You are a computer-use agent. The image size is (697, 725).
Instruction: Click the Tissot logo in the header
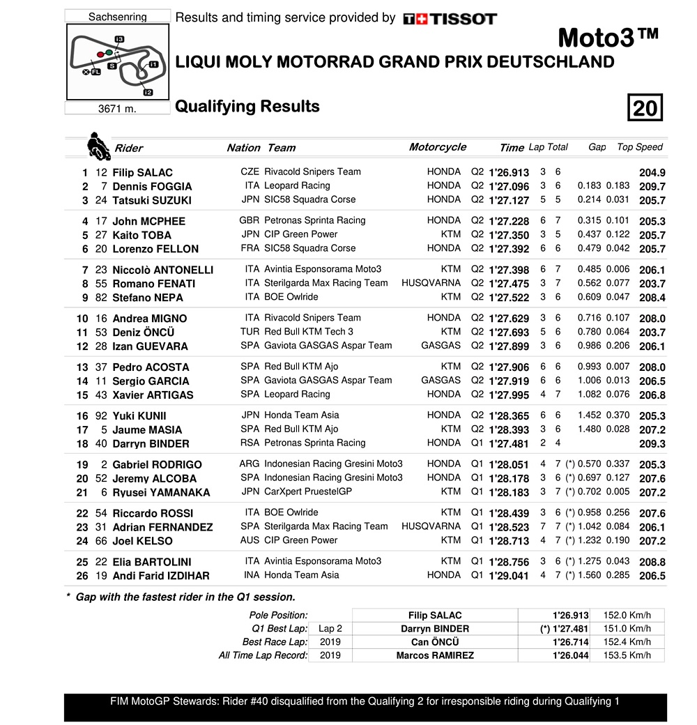450,19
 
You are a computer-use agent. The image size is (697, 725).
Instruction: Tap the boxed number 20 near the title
645,108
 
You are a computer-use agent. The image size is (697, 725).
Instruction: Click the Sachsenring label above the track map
117,17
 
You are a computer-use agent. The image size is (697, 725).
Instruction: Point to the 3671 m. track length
117,109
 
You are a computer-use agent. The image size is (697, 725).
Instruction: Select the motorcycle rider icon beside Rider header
97,145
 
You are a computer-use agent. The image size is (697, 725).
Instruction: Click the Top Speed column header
640,147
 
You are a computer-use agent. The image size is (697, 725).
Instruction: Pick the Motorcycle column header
438,147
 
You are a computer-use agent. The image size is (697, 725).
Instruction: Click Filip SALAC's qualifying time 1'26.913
509,172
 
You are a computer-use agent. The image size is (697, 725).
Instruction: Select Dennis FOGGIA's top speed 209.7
652,186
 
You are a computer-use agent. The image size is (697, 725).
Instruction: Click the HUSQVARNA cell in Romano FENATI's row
431,283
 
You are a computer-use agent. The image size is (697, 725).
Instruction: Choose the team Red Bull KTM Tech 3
309,332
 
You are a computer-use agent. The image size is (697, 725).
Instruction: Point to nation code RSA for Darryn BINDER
250,443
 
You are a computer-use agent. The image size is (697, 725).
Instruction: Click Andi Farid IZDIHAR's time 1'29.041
509,576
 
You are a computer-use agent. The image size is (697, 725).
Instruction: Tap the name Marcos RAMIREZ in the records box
434,655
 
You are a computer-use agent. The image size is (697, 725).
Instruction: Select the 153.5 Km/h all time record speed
627,655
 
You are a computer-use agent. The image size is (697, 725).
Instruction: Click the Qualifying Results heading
247,107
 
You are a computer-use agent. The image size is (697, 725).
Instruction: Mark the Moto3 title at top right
608,37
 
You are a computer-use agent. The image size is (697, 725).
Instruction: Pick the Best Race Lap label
275,642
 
